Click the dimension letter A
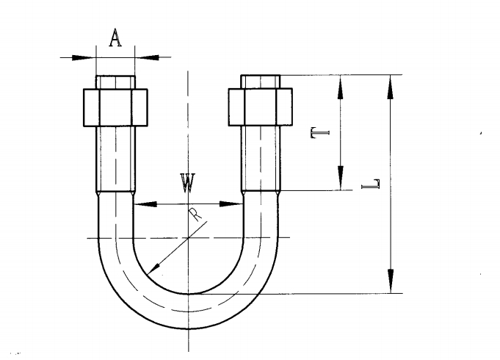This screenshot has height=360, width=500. pos(115,37)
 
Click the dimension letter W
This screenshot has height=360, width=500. pos(188,183)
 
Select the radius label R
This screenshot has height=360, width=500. pos(194,215)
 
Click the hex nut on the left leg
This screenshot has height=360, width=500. pos(115,107)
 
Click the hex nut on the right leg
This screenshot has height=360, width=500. pos(261,107)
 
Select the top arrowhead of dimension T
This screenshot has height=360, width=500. pos(340,84)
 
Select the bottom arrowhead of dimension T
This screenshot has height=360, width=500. pos(340,179)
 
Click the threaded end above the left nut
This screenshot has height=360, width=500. pos(115,81)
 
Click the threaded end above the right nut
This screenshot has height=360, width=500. pos(261,81)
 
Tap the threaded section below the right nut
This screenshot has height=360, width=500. pos(261,158)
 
